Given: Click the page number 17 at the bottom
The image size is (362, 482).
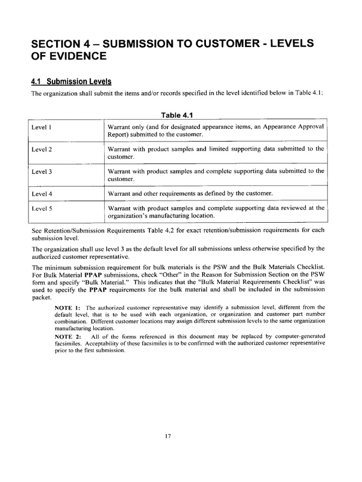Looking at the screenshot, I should (x=167, y=436).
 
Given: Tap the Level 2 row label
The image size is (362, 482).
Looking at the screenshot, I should (x=41, y=149).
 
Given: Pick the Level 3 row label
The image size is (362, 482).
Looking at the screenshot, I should (x=41, y=171).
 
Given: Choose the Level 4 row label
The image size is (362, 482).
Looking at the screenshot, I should (x=41, y=193).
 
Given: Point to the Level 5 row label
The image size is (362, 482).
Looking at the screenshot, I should (x=41, y=208).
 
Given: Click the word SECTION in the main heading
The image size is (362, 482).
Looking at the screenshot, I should (x=57, y=43).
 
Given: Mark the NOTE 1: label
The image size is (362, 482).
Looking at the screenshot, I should (x=67, y=308).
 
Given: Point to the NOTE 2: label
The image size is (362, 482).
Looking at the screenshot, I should (x=67, y=337).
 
